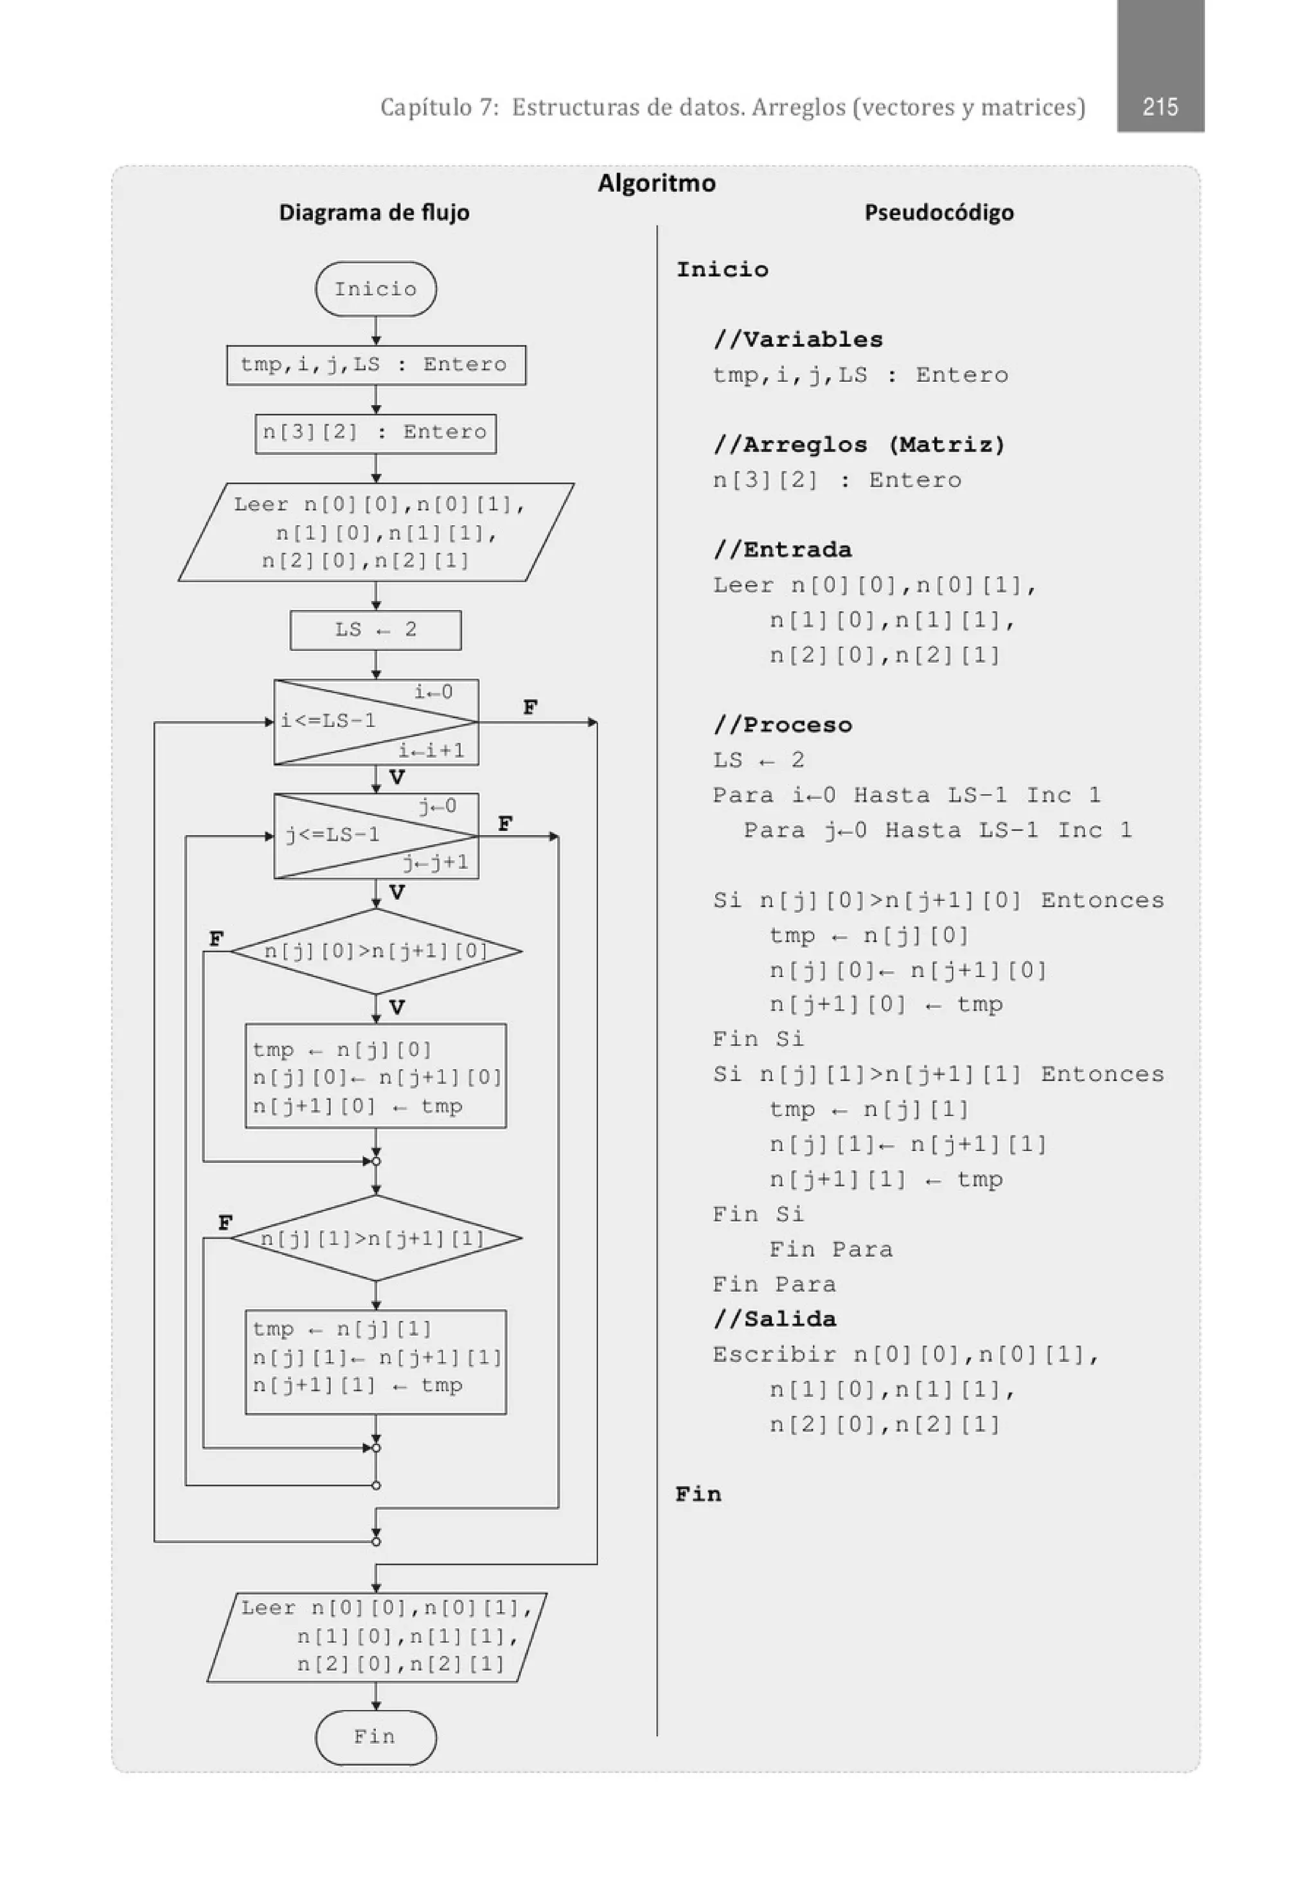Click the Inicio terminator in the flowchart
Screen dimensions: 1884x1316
[376, 289]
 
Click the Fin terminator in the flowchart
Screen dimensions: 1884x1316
[376, 1736]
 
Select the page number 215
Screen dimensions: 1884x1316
[1159, 107]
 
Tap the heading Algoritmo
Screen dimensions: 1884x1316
[656, 183]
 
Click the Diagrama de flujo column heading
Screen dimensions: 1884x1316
[374, 213]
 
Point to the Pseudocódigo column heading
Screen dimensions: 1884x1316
[939, 213]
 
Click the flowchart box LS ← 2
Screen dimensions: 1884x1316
[376, 629]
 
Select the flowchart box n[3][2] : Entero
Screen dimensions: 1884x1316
[376, 433]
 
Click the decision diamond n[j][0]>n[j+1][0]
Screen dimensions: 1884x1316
[376, 951]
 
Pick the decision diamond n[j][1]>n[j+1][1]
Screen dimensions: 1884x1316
[376, 1238]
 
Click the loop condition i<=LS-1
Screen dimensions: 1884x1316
[329, 721]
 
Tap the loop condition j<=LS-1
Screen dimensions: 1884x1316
[333, 836]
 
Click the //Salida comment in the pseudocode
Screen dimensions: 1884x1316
[774, 1320]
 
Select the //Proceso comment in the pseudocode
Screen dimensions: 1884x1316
[783, 724]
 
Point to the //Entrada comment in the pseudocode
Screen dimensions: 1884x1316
[783, 550]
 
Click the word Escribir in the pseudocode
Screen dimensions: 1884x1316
[774, 1355]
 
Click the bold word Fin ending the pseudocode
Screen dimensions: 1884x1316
[698, 1494]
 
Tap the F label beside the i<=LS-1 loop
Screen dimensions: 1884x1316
[530, 707]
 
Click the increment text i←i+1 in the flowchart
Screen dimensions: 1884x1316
[432, 750]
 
